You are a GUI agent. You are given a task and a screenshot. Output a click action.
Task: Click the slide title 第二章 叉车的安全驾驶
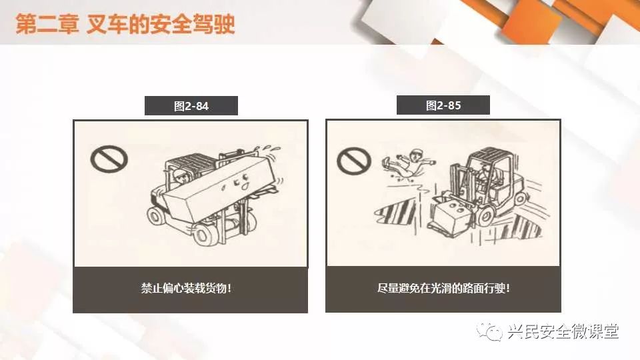(x=125, y=24)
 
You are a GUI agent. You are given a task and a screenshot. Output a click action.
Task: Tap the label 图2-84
(x=191, y=106)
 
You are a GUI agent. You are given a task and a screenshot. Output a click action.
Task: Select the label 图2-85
(x=443, y=105)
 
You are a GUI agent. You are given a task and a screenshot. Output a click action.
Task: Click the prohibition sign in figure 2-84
(x=109, y=159)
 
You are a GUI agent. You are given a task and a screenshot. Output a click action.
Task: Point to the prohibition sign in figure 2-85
(x=354, y=161)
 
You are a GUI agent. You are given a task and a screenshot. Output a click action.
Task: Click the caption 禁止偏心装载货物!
(x=186, y=288)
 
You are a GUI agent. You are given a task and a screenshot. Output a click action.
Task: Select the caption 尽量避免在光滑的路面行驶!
(x=443, y=288)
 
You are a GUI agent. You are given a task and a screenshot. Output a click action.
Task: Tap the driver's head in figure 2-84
(x=179, y=176)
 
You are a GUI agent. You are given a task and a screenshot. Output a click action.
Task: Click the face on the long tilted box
(x=240, y=181)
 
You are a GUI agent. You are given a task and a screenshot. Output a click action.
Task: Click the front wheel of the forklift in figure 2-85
(x=486, y=216)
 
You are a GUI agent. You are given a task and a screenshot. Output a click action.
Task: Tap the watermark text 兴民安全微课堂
(x=563, y=331)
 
